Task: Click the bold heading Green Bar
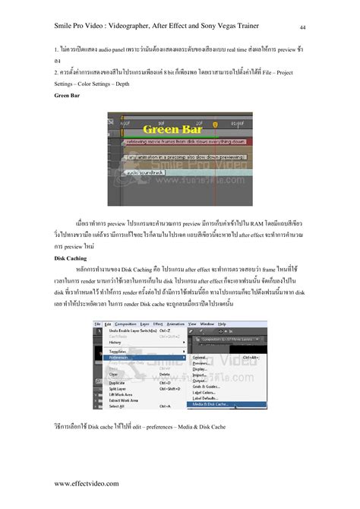pos(68,97)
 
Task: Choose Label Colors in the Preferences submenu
pos(204,393)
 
